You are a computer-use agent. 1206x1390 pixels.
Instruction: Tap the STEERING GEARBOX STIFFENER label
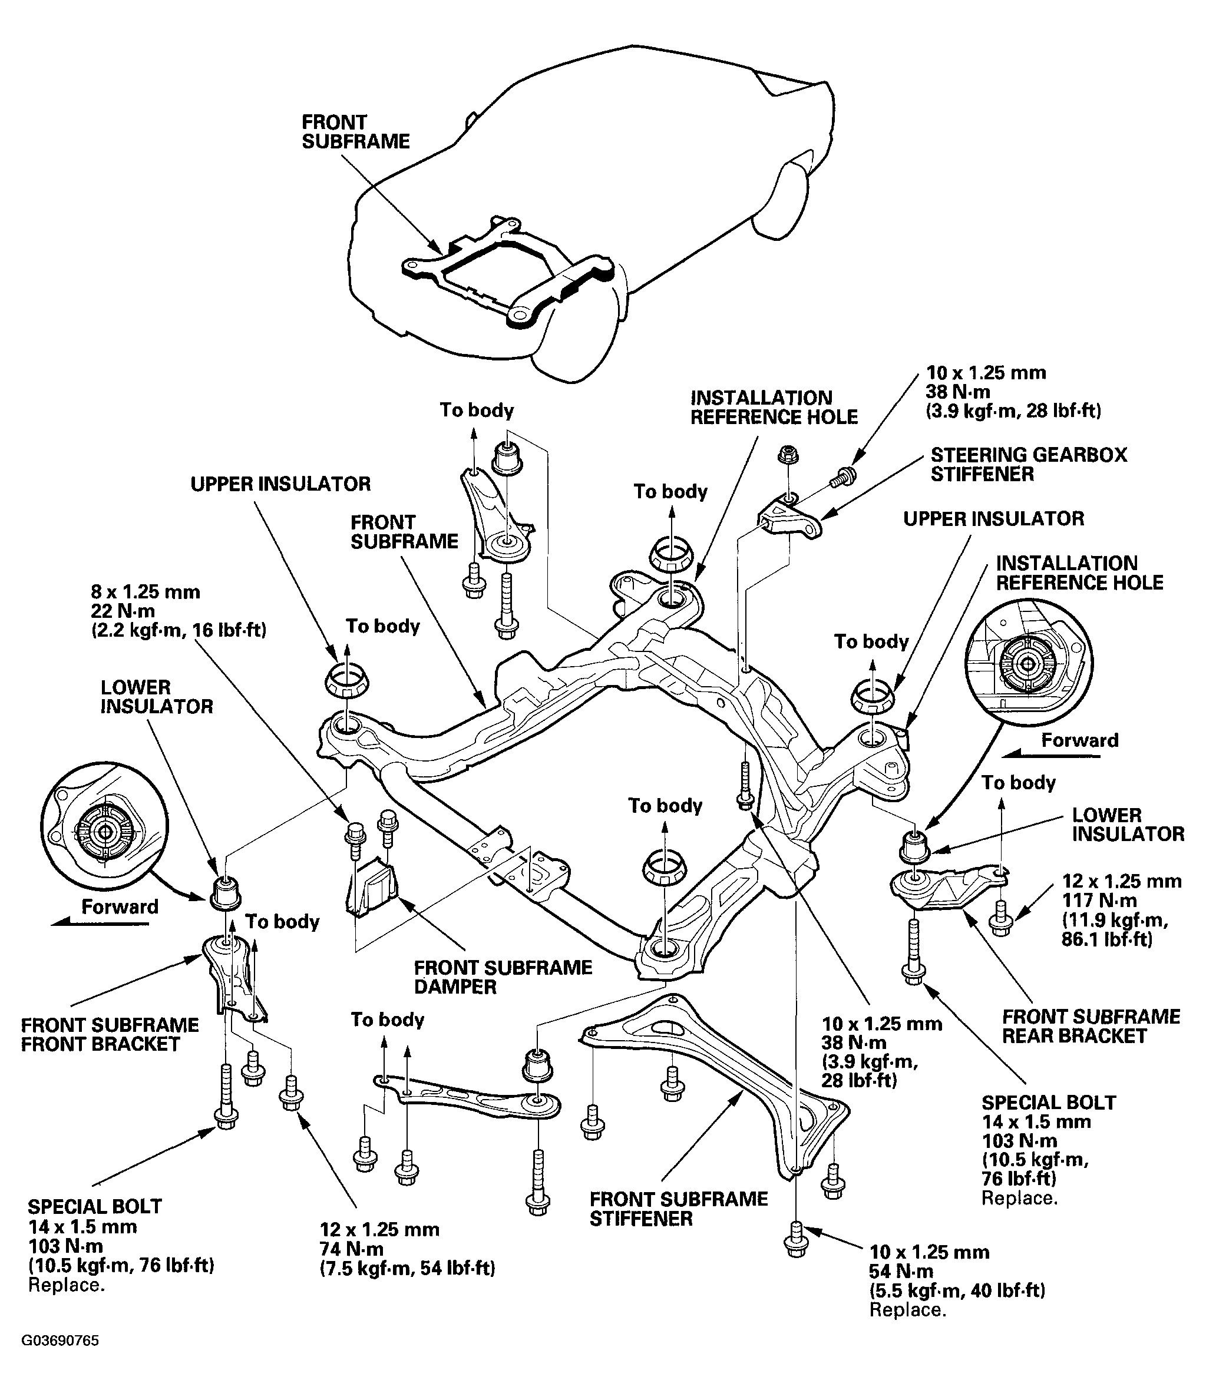1028,464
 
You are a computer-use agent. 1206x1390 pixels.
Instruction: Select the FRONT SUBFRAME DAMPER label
503,977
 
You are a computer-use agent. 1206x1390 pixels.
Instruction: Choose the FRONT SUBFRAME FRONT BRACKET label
110,1034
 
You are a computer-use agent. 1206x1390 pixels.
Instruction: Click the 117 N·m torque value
1098,900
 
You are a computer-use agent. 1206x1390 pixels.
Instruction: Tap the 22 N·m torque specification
123,611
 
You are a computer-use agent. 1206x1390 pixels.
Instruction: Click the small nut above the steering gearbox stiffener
785,455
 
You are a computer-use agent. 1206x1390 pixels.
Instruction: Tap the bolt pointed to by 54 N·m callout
795,1239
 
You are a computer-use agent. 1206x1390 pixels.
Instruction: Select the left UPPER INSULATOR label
280,484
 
